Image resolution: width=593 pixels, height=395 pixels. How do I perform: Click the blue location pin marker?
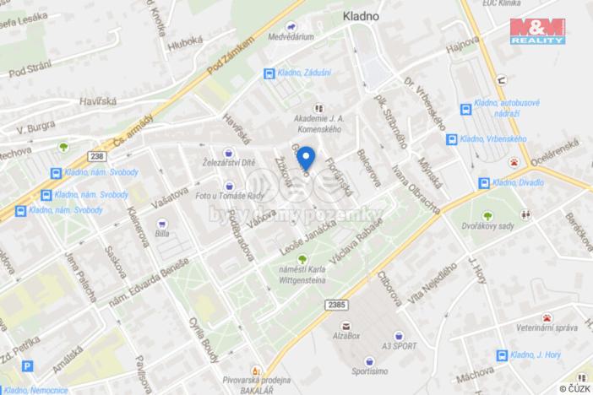click(x=307, y=157)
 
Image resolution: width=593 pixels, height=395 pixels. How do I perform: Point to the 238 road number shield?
click(x=99, y=156)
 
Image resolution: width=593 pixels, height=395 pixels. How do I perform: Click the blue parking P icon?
click(x=28, y=367)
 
